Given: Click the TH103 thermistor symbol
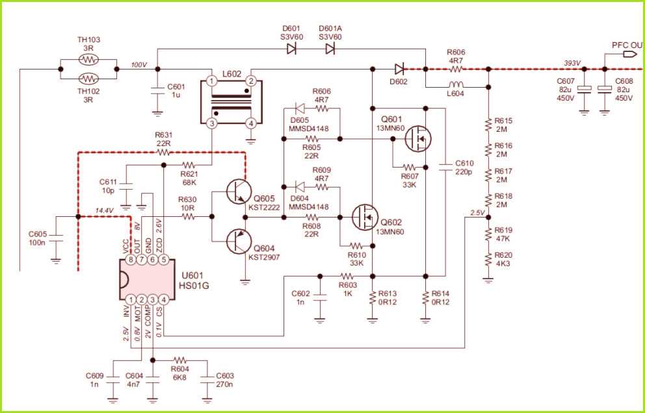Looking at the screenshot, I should [x=88, y=58].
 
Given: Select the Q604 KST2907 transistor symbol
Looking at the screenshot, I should [x=237, y=241].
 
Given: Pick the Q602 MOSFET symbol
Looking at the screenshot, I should [x=363, y=217].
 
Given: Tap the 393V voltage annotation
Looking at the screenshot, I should [x=572, y=63].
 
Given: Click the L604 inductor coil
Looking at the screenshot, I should [x=456, y=84].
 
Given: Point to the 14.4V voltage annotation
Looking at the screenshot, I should [x=105, y=211].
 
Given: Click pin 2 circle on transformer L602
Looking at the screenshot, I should [x=250, y=81].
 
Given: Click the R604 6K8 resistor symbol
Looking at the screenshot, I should [x=180, y=359].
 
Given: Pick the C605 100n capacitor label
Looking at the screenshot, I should [x=38, y=238].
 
